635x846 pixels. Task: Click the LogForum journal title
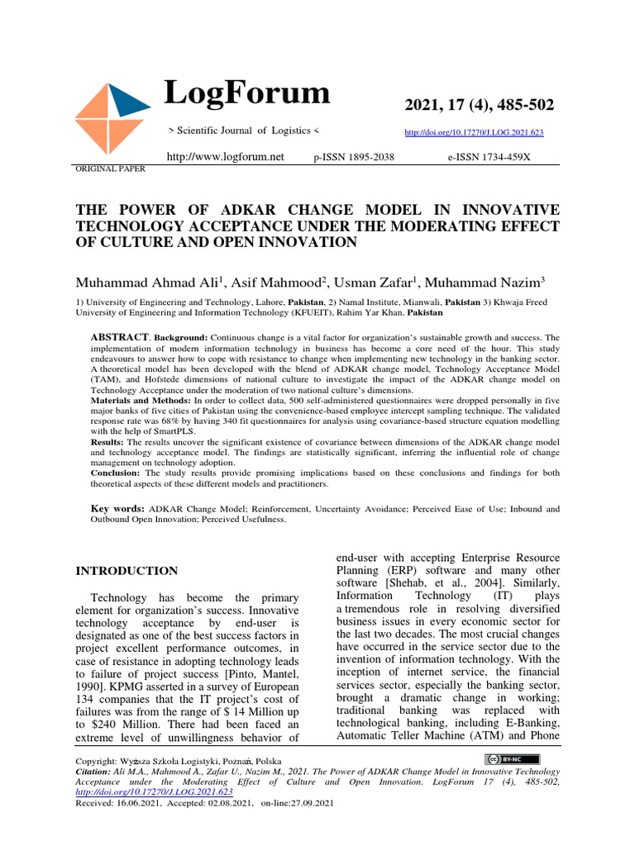coord(247,93)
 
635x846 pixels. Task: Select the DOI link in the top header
coord(474,132)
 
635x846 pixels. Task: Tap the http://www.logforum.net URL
coord(225,156)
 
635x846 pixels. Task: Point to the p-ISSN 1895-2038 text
coord(354,156)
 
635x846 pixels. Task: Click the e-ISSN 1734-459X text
coord(489,156)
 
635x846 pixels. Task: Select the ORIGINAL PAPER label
coord(110,169)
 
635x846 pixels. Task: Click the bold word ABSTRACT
coord(120,339)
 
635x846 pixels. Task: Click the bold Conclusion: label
coord(116,473)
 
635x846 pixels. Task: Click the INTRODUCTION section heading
coord(127,571)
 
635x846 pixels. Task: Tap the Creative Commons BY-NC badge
coord(513,759)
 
